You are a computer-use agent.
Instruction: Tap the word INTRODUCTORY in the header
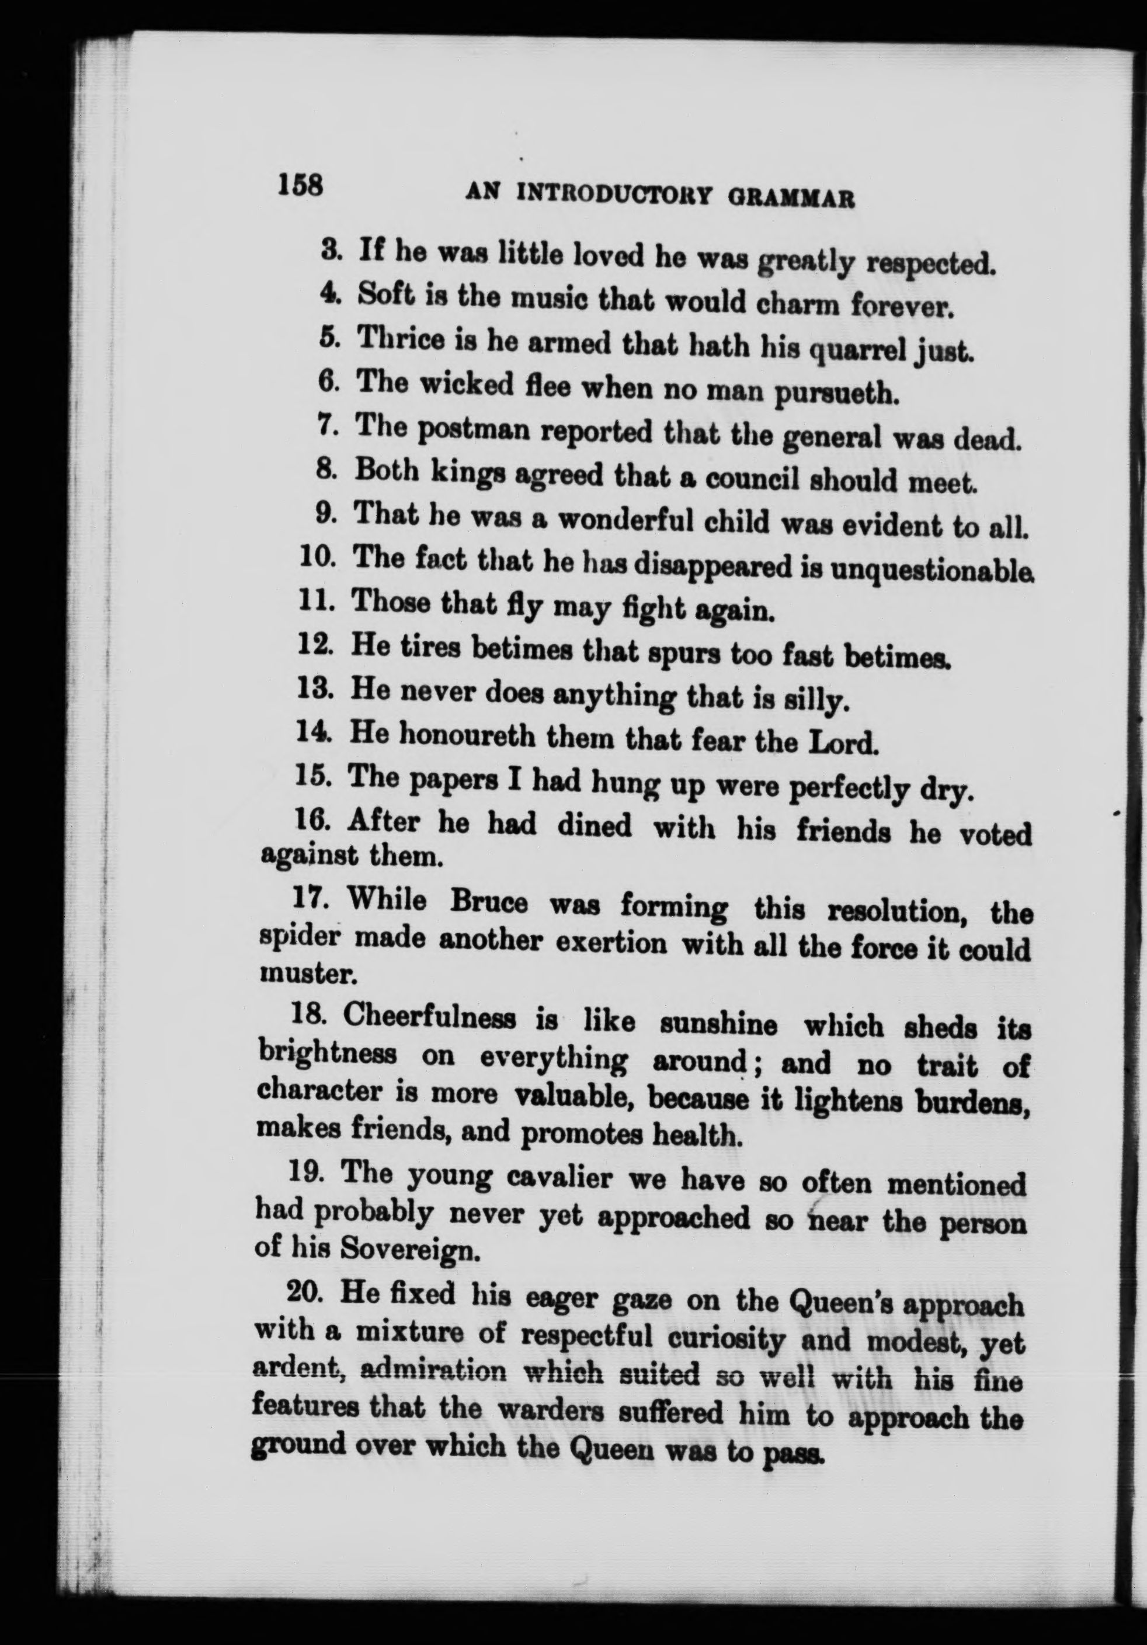click(x=611, y=195)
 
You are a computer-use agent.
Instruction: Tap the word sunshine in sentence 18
click(x=718, y=1025)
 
